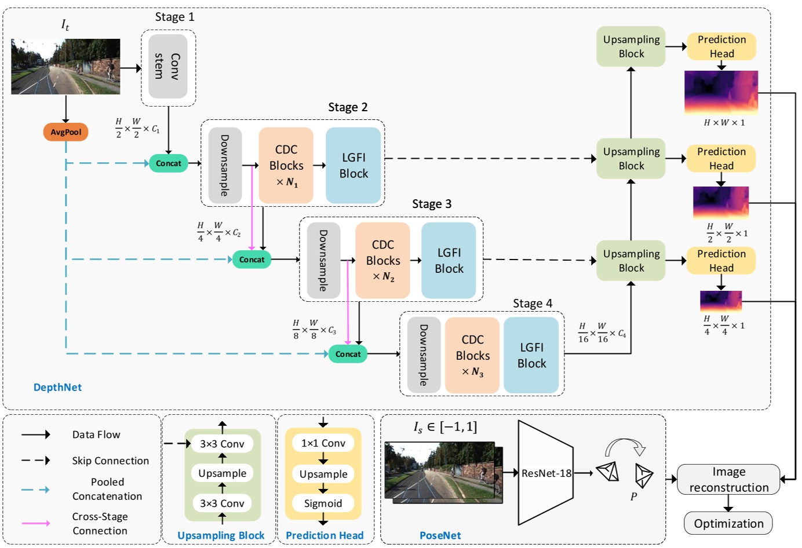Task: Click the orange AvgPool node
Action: point(65,132)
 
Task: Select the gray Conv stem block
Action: point(167,67)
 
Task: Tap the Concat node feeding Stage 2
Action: point(168,163)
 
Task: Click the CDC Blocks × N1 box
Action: point(286,166)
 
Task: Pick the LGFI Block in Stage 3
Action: point(449,261)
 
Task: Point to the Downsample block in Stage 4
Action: point(424,355)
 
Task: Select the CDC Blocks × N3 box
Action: point(472,355)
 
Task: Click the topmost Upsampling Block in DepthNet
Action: point(631,46)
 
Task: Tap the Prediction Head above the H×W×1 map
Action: point(721,46)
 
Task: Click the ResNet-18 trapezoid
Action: point(545,473)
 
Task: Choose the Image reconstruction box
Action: point(728,480)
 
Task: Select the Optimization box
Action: point(728,524)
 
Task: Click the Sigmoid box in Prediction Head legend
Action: point(323,503)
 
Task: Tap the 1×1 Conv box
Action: point(323,443)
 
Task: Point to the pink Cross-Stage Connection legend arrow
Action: point(36,523)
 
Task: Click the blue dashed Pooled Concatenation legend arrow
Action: point(36,489)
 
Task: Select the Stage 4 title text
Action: point(532,304)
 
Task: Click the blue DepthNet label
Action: point(57,388)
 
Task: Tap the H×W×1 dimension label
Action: point(724,123)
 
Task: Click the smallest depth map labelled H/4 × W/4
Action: point(721,301)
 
